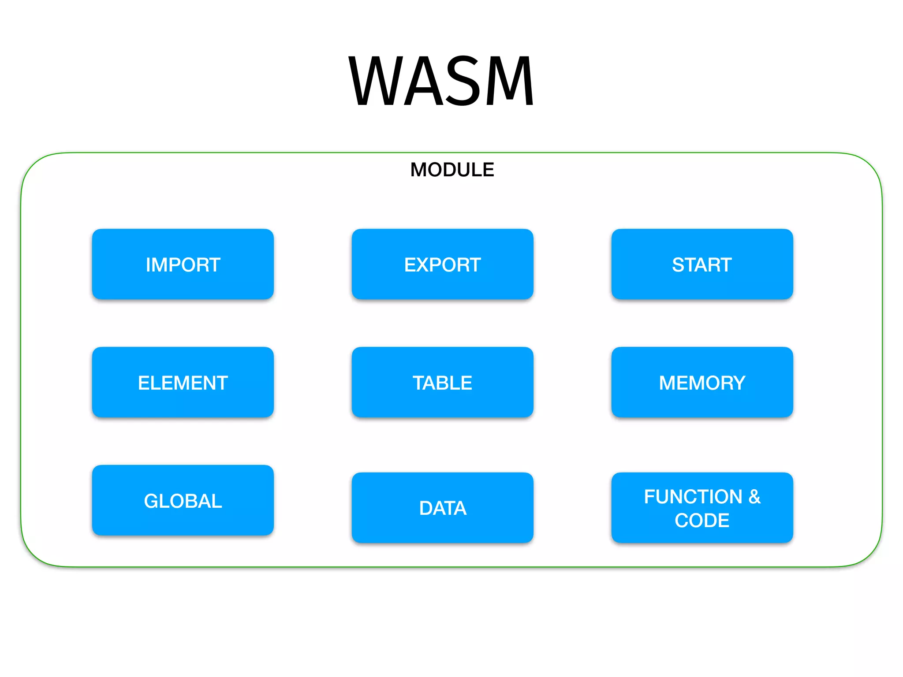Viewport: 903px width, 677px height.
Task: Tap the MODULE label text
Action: coord(452,170)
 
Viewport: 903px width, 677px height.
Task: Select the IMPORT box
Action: coord(183,264)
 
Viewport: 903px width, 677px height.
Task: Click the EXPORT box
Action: coord(442,264)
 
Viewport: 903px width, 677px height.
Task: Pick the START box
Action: coord(702,264)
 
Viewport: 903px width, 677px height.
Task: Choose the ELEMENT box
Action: coord(183,383)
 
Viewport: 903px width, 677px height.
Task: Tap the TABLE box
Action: coord(442,383)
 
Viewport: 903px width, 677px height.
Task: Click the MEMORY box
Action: coord(702,383)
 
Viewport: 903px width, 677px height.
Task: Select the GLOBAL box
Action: coord(183,501)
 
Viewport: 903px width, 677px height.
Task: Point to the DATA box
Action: coord(442,508)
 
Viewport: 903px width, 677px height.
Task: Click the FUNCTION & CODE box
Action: coord(702,508)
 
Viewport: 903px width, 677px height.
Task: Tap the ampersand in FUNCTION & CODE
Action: coord(754,497)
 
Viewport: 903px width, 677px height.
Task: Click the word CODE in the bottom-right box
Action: coord(702,521)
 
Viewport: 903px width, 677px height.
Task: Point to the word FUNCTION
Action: coord(693,497)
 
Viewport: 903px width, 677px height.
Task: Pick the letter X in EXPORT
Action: coord(426,265)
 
